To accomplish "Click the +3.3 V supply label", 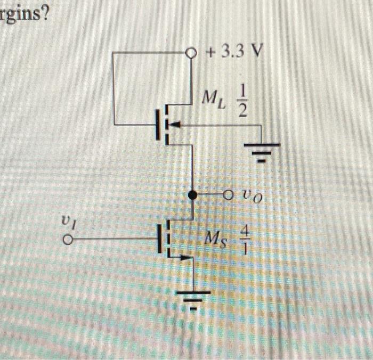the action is pos(233,52).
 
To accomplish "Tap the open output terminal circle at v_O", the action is pos(228,196).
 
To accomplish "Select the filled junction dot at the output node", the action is pos(192,196).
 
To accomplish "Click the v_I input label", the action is pos(66,219).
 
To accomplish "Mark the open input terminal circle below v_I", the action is pos(66,241).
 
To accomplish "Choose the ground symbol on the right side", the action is pos(261,150).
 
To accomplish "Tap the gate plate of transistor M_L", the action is pos(158,125).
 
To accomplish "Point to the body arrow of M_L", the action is pos(176,125).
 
